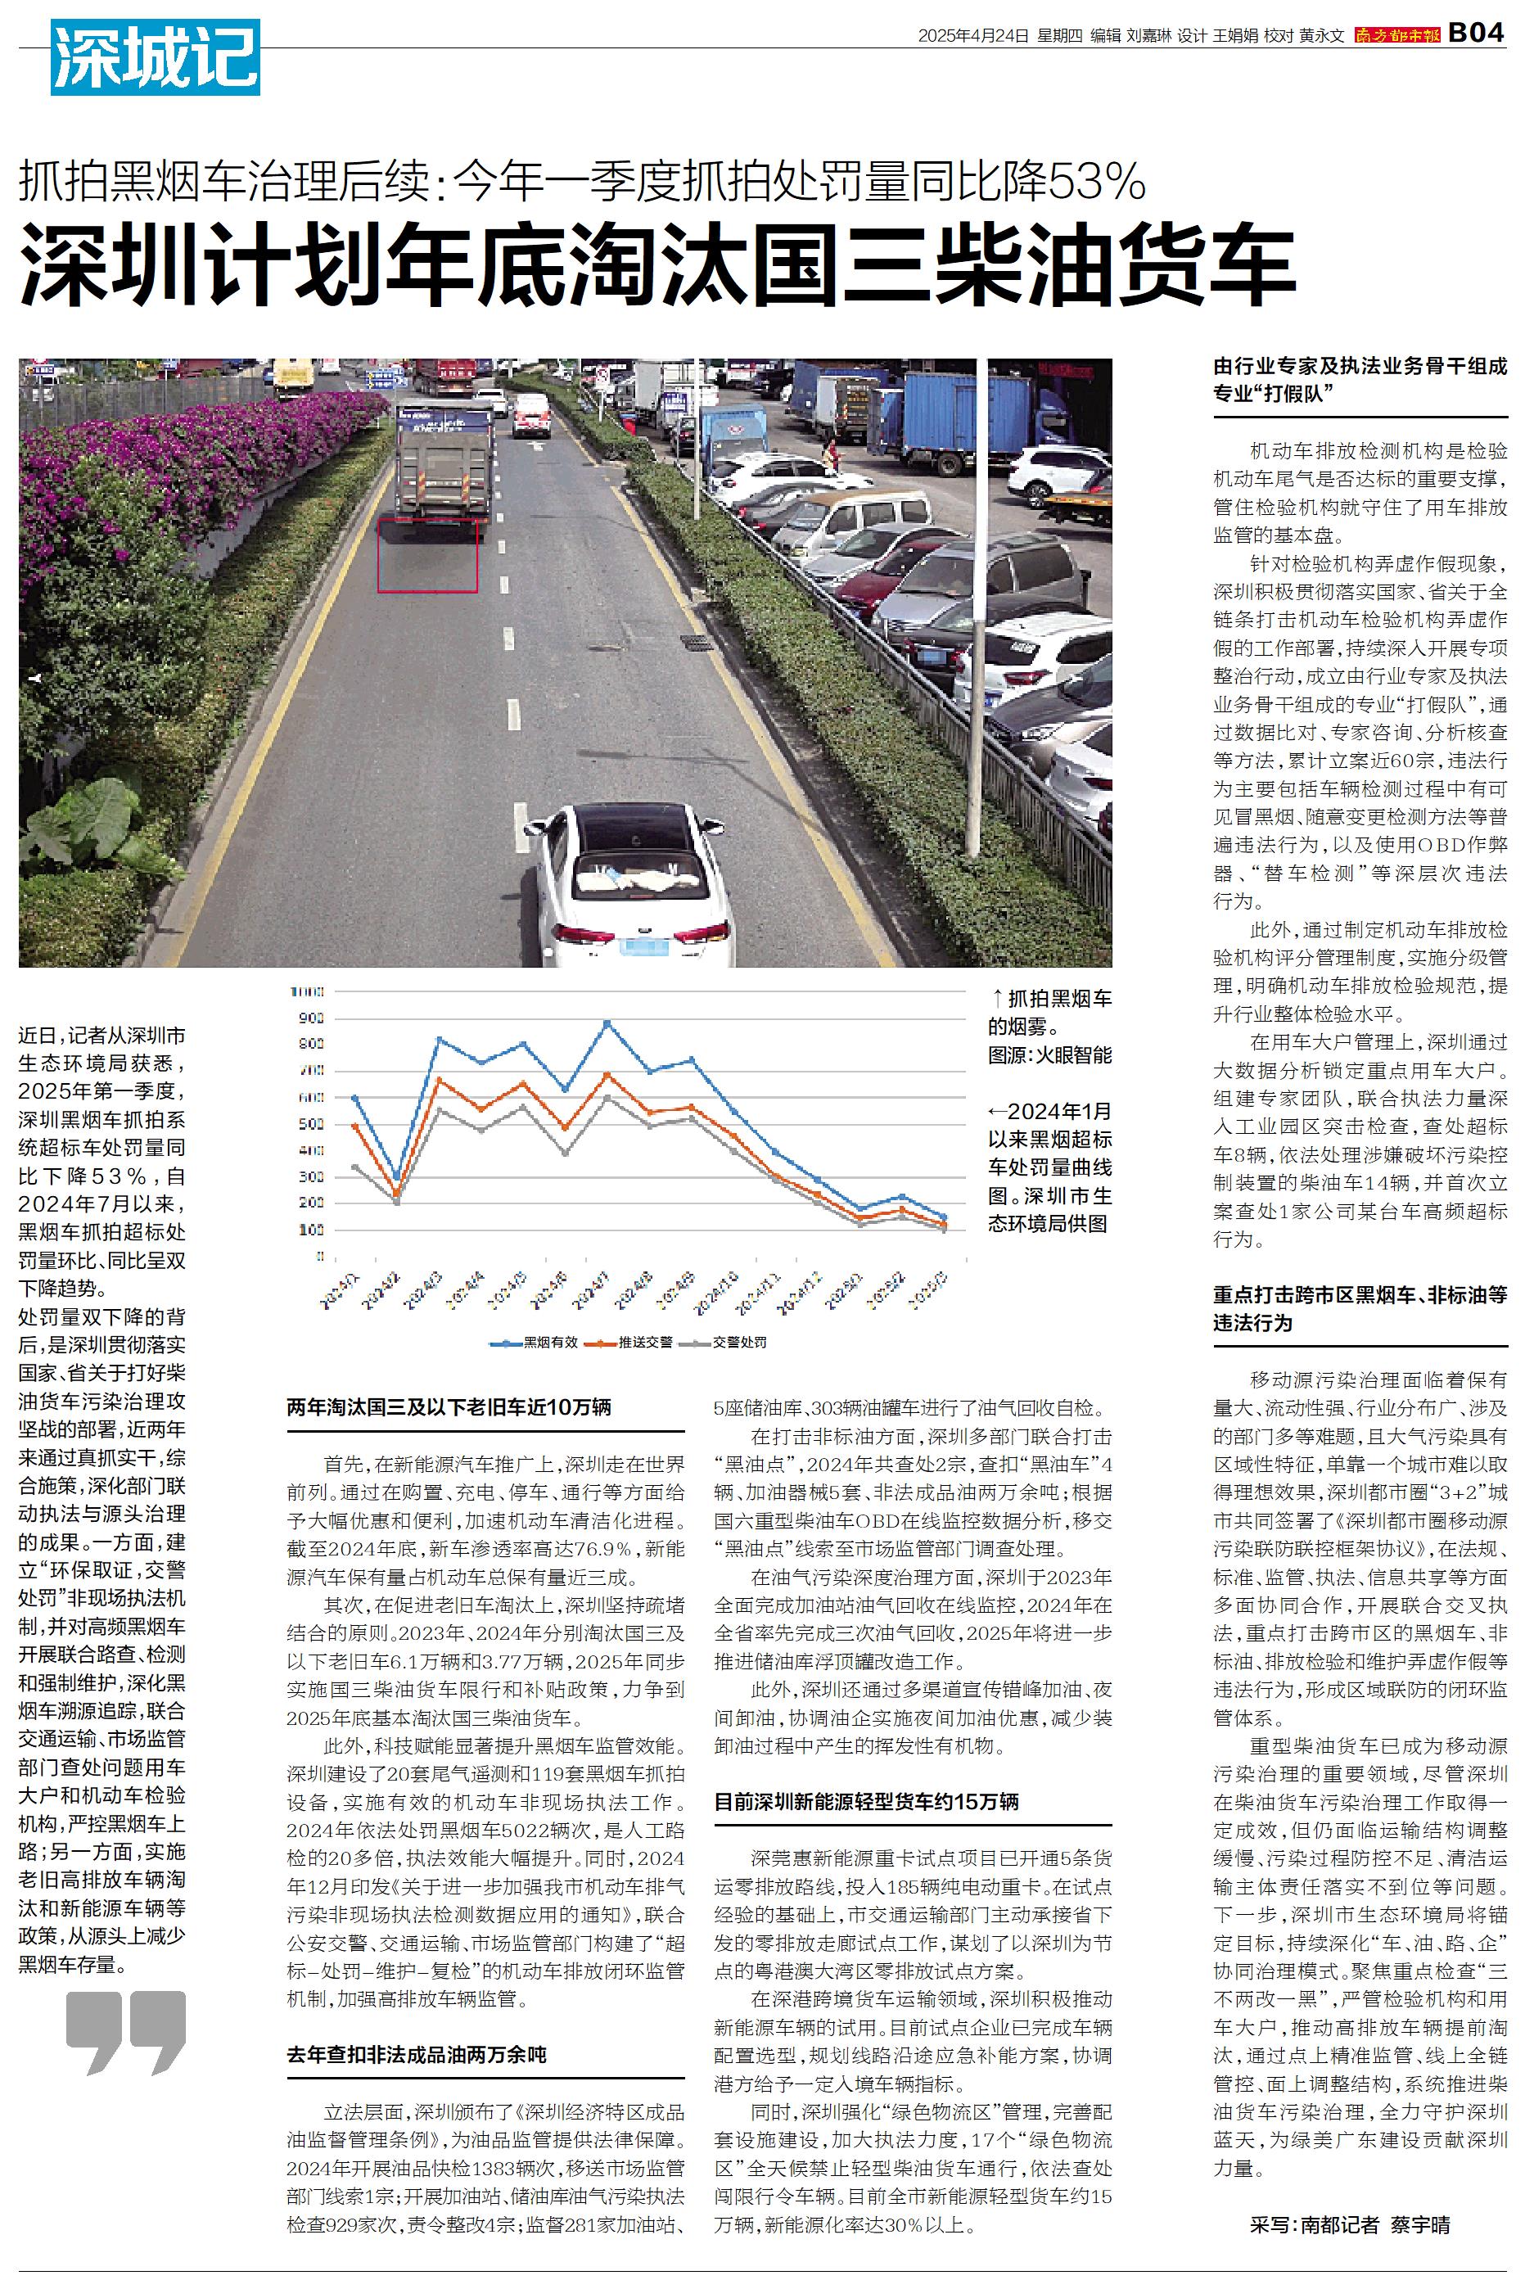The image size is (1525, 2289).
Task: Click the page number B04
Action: tap(1477, 32)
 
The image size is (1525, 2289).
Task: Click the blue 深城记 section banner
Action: tap(156, 57)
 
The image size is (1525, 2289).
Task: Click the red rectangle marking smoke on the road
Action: tap(427, 555)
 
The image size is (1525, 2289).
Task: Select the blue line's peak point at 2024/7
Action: tap(607, 1023)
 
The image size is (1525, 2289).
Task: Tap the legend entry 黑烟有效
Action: tap(534, 1342)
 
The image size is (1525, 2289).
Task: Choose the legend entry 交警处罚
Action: tap(724, 1342)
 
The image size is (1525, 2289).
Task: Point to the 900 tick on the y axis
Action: tap(312, 1018)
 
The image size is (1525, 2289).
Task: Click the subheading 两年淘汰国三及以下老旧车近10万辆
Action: tap(449, 1407)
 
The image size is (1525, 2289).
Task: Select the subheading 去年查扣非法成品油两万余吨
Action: tap(417, 2055)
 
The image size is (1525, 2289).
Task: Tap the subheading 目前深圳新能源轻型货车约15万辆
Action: tap(867, 1801)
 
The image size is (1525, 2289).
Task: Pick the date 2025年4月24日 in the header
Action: tap(972, 36)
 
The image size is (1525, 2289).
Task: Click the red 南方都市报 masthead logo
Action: tap(1396, 36)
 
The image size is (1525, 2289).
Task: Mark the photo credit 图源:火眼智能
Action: tap(1049, 1055)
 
